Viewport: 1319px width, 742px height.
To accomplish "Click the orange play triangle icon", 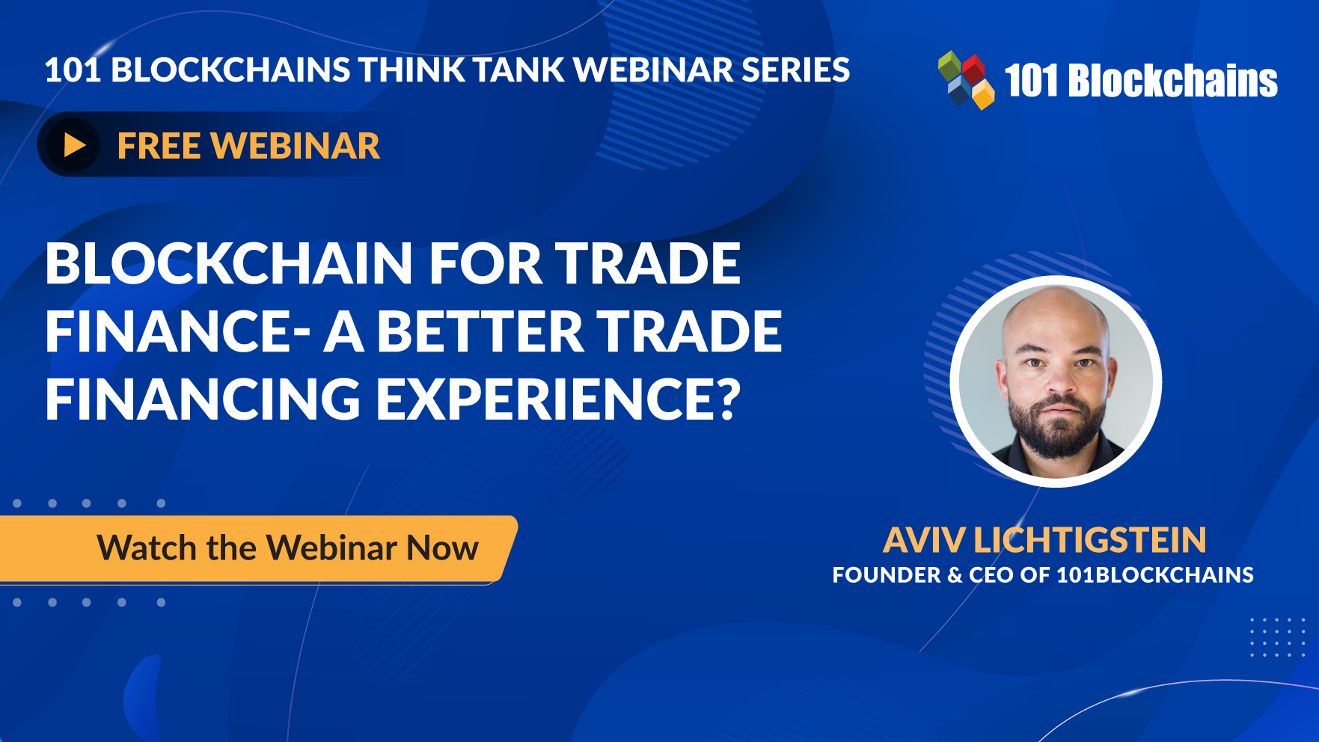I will tap(73, 144).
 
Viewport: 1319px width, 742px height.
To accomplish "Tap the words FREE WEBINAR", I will tap(248, 146).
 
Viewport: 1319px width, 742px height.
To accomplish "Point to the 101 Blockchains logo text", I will tap(1141, 81).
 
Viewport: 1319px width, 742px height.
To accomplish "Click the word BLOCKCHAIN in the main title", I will tap(229, 263).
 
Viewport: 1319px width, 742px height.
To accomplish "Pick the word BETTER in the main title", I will tap(480, 331).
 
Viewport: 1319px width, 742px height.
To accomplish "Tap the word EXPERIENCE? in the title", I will tap(557, 399).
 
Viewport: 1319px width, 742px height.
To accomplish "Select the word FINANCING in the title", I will tap(203, 399).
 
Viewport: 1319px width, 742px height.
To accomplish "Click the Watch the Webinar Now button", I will tap(288, 548).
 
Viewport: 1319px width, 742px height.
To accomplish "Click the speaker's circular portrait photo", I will tap(1056, 381).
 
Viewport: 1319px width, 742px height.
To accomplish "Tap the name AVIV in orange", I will tap(924, 540).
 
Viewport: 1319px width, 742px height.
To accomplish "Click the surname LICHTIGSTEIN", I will tap(1089, 540).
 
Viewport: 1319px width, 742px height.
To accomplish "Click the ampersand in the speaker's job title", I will tap(955, 575).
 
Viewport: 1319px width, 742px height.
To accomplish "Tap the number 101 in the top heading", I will tap(73, 70).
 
